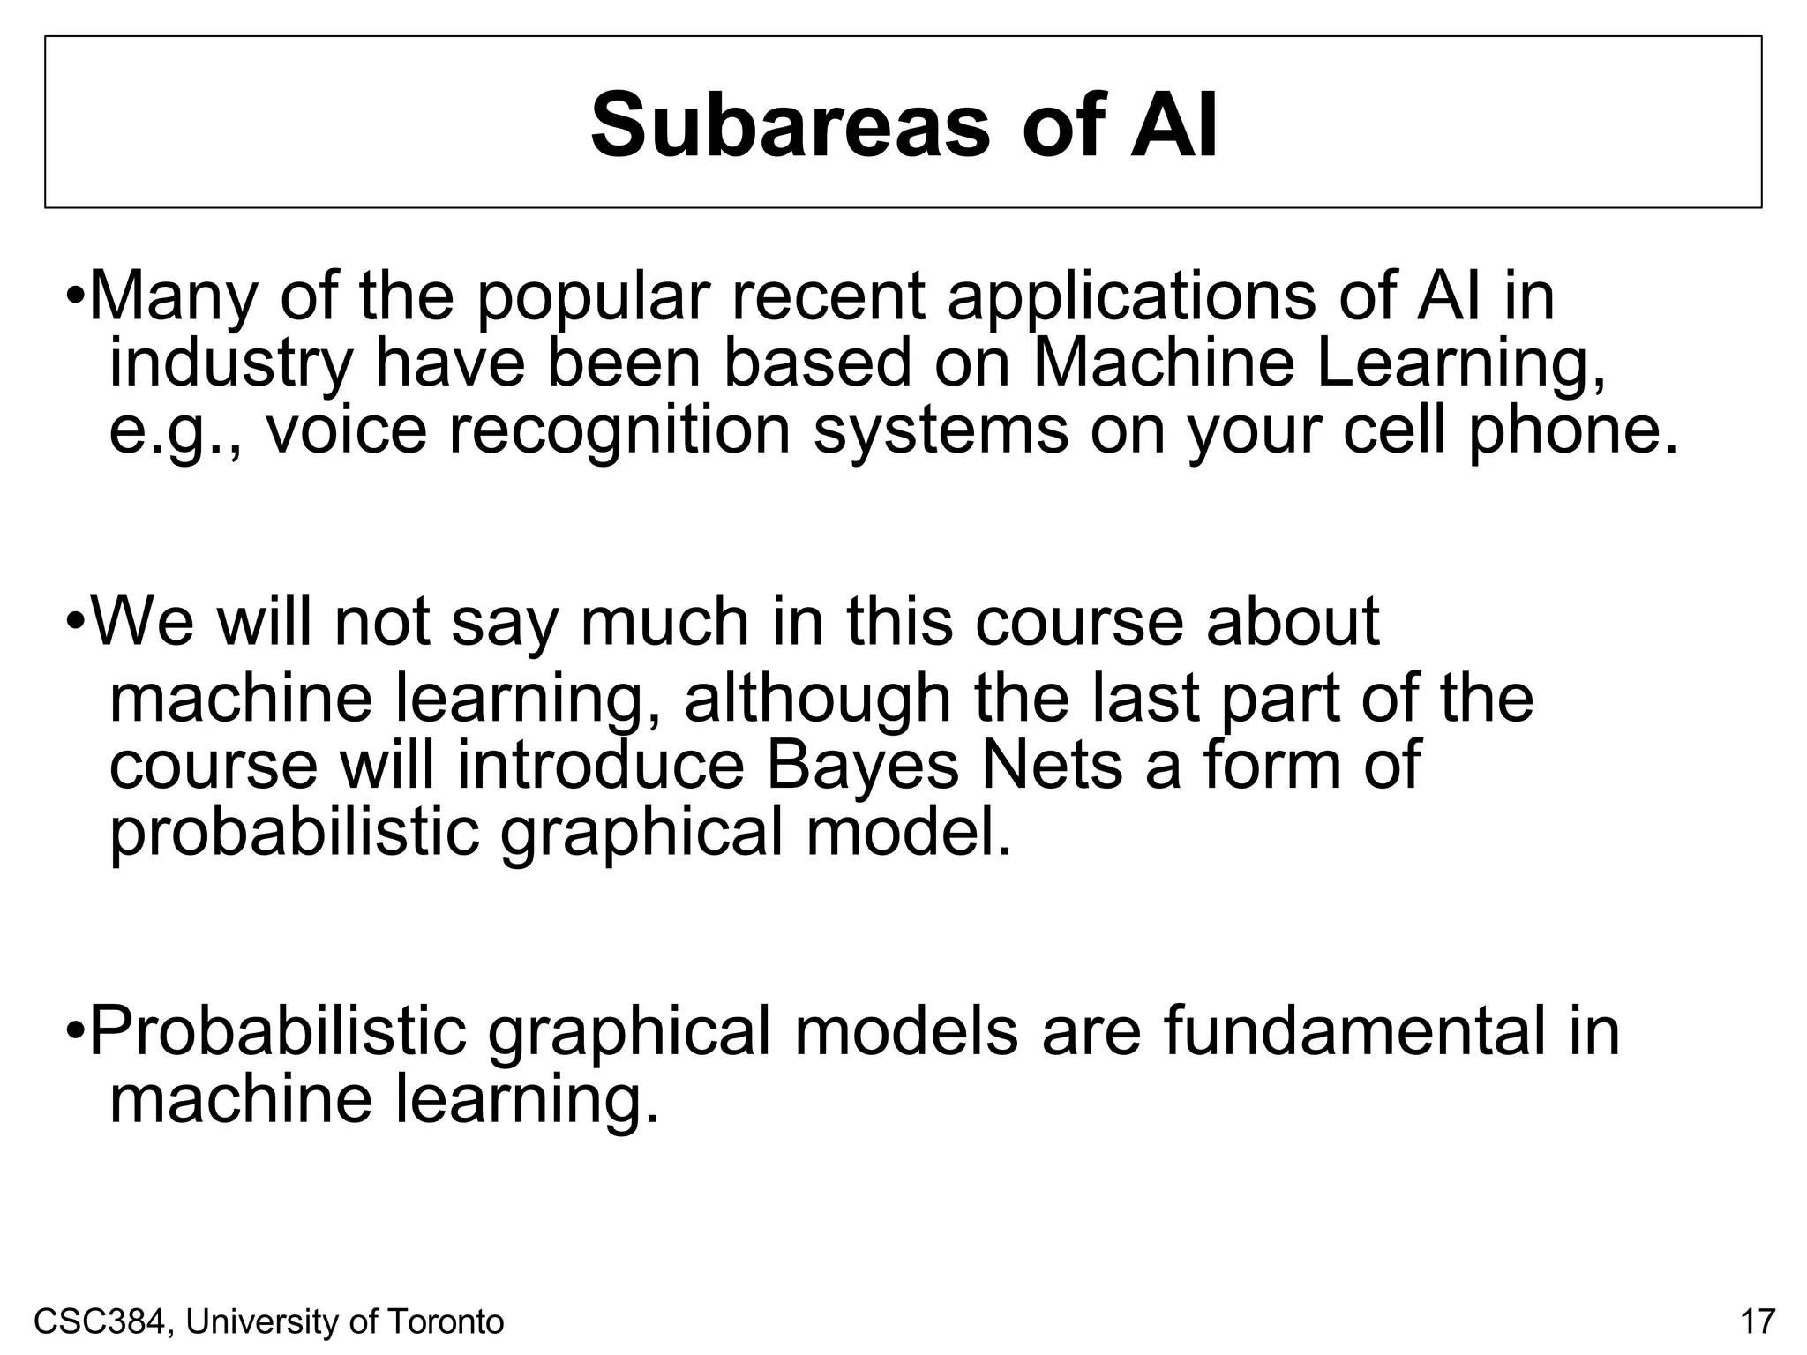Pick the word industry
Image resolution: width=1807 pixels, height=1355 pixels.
click(x=231, y=364)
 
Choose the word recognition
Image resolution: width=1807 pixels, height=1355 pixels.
click(x=619, y=432)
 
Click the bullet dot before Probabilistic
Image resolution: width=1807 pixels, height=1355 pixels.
click(x=76, y=1030)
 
